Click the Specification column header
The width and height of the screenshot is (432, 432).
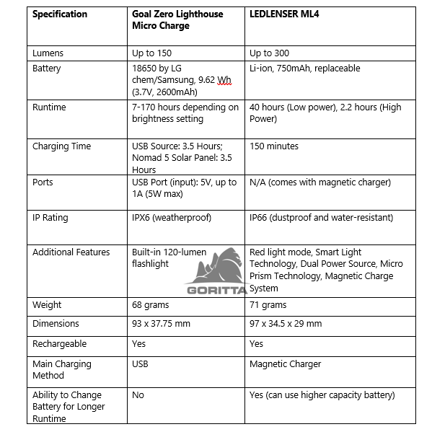tap(60, 14)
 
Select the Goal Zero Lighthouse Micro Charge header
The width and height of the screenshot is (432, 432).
tap(177, 20)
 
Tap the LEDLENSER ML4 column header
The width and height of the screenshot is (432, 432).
tap(285, 14)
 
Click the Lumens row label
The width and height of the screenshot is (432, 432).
tap(48, 53)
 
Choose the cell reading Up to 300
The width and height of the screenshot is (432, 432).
tap(270, 53)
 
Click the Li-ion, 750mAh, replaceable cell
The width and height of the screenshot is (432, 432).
tap(304, 69)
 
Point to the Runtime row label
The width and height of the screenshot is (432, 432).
tap(49, 107)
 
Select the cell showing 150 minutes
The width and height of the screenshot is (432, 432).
tap(274, 146)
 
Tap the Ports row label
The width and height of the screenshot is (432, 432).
tap(44, 182)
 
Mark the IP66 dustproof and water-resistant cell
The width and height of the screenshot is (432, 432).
tap(321, 216)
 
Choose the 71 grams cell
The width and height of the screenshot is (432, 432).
tap(268, 305)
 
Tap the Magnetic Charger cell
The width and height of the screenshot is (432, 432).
tap(286, 364)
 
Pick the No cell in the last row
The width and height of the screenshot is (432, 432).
tap(138, 395)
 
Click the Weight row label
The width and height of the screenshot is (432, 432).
tap(48, 305)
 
